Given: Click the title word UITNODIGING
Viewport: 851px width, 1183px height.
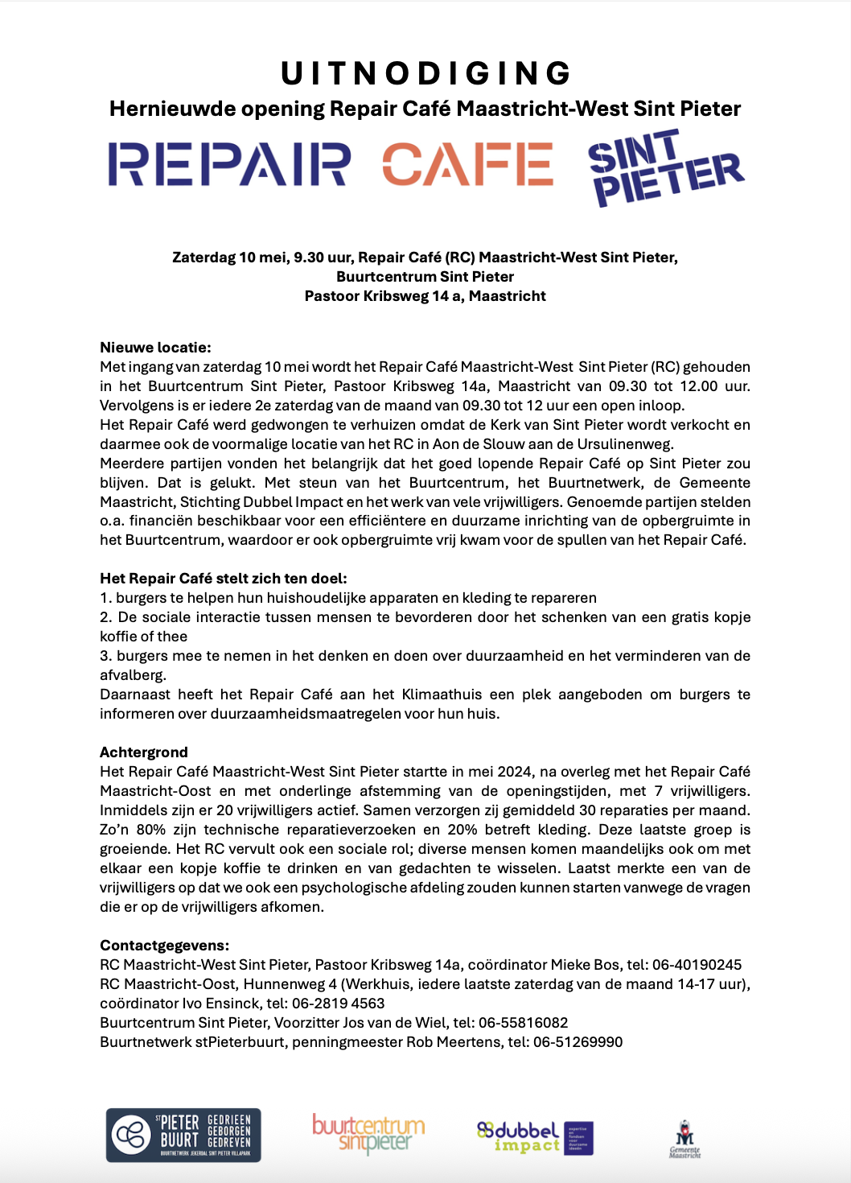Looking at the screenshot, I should [425, 73].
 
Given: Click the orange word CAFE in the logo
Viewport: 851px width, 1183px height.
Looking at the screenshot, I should [467, 164].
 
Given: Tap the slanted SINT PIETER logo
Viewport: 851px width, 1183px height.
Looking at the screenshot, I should [665, 168].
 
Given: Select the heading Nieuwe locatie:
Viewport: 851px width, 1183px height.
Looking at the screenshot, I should [155, 348].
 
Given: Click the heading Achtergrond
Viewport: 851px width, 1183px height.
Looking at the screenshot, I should [144, 752].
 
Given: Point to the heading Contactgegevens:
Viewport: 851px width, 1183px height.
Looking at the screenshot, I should [164, 946].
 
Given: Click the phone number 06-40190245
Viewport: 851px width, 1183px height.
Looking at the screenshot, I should [697, 965].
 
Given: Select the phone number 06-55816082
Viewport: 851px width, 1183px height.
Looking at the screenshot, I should [523, 1023].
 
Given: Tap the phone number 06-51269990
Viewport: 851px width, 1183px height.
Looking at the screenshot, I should [578, 1042].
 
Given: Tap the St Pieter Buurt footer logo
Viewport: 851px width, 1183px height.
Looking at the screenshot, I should [183, 1135].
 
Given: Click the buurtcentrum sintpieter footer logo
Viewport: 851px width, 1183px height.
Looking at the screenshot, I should [368, 1133].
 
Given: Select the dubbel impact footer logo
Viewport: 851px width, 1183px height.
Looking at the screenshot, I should [535, 1137].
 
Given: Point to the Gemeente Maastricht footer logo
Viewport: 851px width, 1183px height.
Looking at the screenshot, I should [684, 1138].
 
